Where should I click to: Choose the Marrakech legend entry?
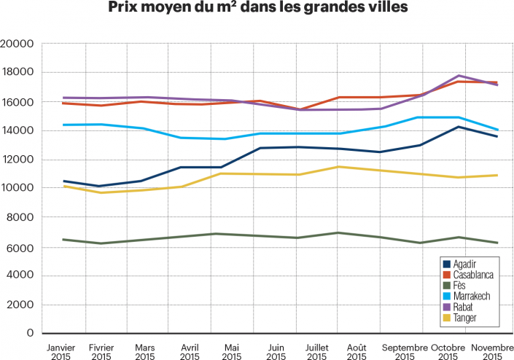pos(471,297)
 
